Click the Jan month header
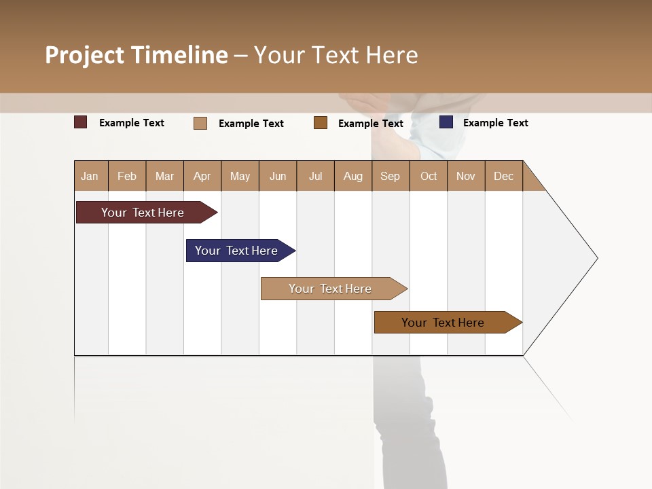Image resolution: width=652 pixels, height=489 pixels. click(x=90, y=176)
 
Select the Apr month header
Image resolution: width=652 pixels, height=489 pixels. click(x=202, y=176)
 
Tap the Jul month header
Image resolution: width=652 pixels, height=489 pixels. click(x=315, y=176)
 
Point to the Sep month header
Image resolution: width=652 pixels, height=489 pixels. click(x=390, y=176)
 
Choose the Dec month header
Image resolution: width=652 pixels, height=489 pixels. click(x=503, y=176)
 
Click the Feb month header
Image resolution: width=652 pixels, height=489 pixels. click(x=127, y=176)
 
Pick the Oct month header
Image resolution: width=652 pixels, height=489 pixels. click(x=429, y=176)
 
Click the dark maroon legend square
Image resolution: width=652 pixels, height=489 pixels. click(x=81, y=122)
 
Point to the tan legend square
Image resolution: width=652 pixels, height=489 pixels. click(x=200, y=123)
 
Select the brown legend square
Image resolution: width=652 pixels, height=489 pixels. click(x=321, y=123)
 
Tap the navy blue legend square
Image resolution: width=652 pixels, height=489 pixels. click(x=446, y=122)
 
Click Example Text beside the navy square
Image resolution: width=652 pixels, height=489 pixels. click(x=495, y=123)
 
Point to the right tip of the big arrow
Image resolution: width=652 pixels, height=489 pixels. click(x=596, y=258)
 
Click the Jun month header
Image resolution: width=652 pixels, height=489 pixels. click(x=278, y=176)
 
